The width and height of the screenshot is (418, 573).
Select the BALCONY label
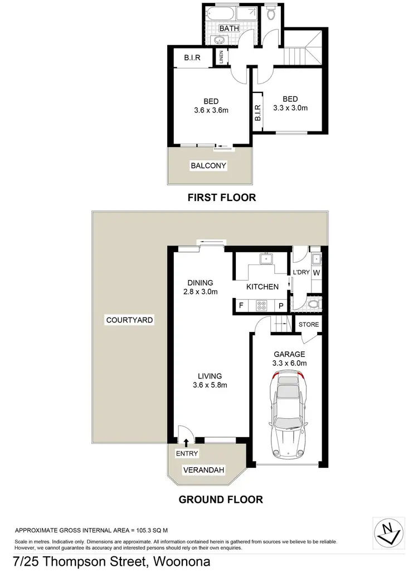(x=209, y=166)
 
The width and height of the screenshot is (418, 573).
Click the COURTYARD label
(x=130, y=320)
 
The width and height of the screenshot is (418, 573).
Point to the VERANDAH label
(x=203, y=471)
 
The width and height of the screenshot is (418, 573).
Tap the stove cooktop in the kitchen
(x=261, y=305)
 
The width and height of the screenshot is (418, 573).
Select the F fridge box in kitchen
(x=241, y=305)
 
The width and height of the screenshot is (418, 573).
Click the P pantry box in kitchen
(x=281, y=305)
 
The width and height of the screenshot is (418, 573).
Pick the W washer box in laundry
(x=316, y=273)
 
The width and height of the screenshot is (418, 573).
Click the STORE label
(x=309, y=324)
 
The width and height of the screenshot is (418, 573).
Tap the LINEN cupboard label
(x=221, y=57)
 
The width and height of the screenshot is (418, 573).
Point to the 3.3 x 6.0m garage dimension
(x=290, y=363)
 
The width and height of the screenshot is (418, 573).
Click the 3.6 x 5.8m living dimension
(x=207, y=385)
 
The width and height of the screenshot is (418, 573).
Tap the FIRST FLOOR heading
(x=222, y=197)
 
